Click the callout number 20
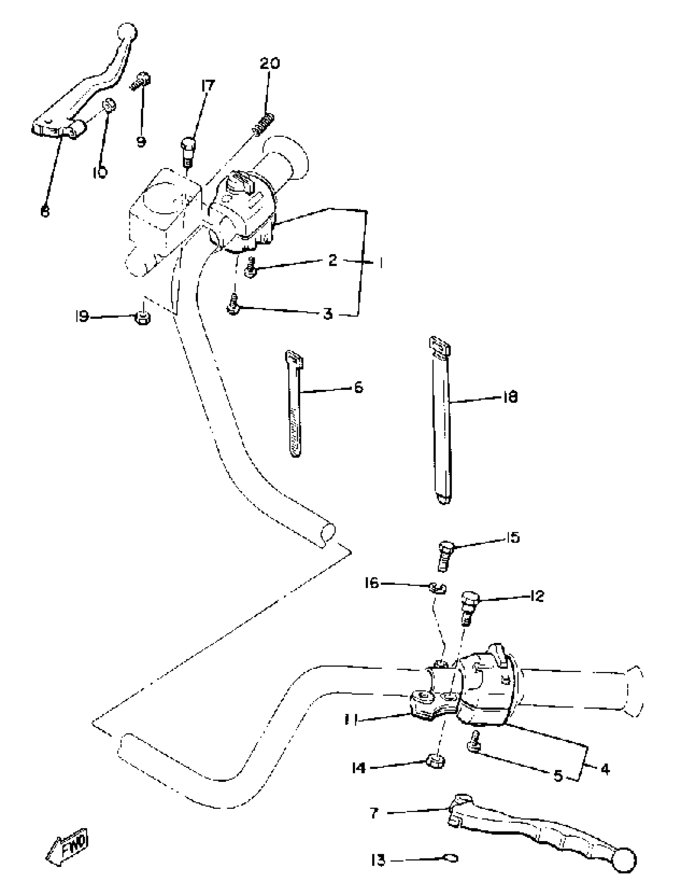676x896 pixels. tap(270, 64)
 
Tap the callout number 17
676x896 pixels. tap(208, 86)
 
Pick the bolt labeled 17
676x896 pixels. tap(187, 152)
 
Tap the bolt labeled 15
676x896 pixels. tap(444, 556)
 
